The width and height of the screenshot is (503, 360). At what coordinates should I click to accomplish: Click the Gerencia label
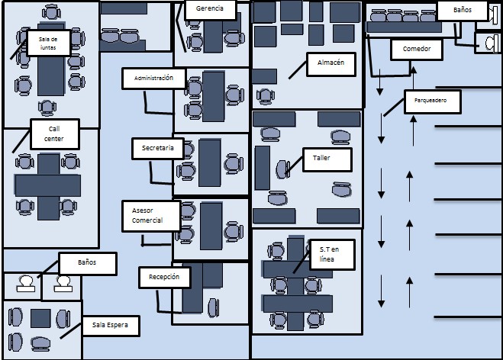coord(210,9)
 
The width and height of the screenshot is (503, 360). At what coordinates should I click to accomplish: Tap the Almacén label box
coord(331,64)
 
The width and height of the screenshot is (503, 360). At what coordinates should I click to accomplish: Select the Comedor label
coord(417,49)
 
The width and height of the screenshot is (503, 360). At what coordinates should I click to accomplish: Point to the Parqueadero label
coord(433,101)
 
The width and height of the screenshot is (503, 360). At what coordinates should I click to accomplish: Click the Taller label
coord(327,159)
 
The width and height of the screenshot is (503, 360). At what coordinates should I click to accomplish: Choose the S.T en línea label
coord(332,255)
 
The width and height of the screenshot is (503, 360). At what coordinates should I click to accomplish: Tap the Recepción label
coord(165,278)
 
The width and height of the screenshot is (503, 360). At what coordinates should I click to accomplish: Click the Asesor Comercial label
coord(151,216)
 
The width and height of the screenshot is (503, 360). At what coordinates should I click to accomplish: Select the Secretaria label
coord(158,149)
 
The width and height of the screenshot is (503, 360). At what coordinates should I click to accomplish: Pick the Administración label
coord(153,79)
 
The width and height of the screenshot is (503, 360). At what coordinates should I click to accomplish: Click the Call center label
coord(55,134)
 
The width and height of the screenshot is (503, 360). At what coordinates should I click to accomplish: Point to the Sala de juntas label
coord(48,43)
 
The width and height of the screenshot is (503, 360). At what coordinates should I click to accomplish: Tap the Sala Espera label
coord(111,326)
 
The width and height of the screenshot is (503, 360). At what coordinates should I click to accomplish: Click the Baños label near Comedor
coord(463,11)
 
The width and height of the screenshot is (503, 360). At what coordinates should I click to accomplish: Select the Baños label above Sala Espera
coord(87,263)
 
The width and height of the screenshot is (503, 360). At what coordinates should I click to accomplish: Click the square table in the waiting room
coord(40,318)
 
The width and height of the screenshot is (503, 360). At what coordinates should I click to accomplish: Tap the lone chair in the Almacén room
coord(266,96)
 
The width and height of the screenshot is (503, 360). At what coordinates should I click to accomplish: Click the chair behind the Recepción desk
coord(213,307)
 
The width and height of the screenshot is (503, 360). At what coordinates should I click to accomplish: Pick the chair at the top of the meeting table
coord(51,12)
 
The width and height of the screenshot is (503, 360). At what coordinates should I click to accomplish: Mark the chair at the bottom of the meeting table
coord(47,108)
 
